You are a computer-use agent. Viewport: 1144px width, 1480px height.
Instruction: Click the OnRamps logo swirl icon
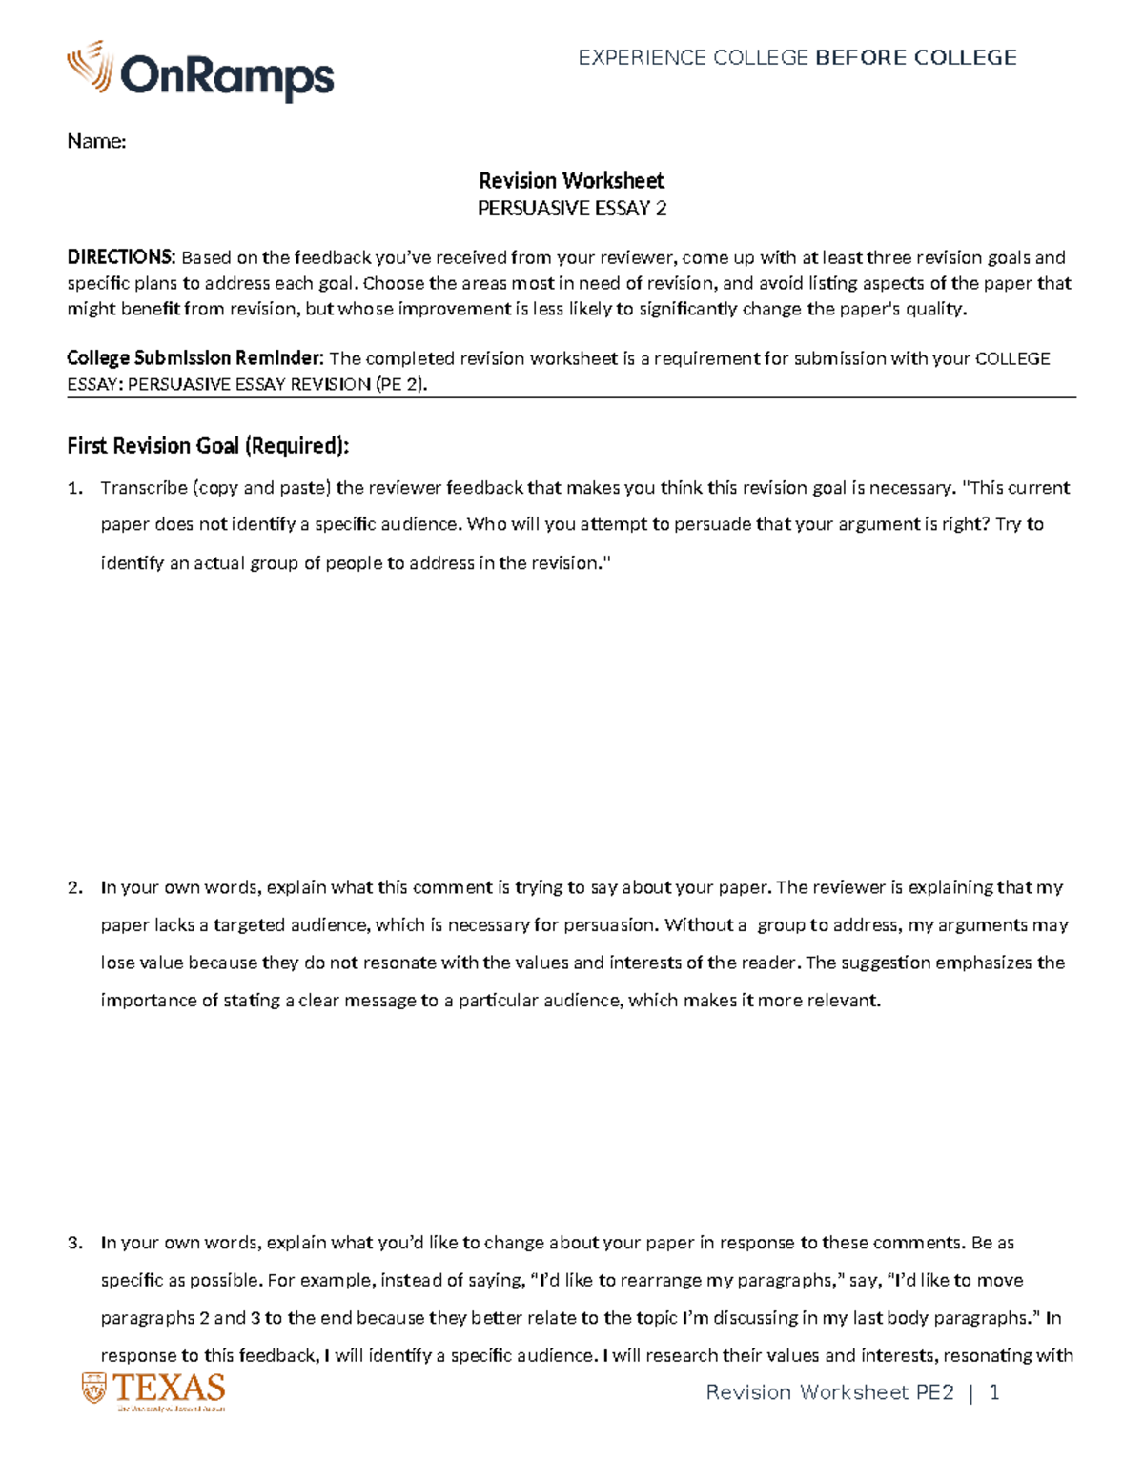point(90,66)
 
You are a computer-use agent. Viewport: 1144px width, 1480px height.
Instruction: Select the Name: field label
point(96,141)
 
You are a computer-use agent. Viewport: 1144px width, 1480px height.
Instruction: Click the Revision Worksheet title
point(571,180)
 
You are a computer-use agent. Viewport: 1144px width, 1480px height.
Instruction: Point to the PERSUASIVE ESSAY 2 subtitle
point(571,208)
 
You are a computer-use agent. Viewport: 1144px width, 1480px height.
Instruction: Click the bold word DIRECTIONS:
point(121,257)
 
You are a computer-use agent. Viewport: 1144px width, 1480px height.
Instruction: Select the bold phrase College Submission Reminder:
point(195,358)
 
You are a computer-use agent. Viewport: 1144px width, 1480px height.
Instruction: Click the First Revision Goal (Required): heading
point(208,445)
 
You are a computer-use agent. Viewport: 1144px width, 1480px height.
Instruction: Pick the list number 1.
point(74,488)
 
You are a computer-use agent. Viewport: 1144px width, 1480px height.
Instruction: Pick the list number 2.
point(74,887)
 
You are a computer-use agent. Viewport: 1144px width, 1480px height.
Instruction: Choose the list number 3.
point(74,1243)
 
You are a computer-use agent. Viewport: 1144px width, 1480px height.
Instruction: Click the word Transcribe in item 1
point(144,488)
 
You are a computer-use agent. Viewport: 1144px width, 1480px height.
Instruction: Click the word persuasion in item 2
point(609,924)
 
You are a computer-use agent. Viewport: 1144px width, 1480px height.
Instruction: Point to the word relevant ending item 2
point(845,1000)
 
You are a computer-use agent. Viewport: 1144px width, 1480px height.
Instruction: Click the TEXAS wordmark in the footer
point(169,1387)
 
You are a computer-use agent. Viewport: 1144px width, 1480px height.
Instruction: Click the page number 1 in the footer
point(994,1392)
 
